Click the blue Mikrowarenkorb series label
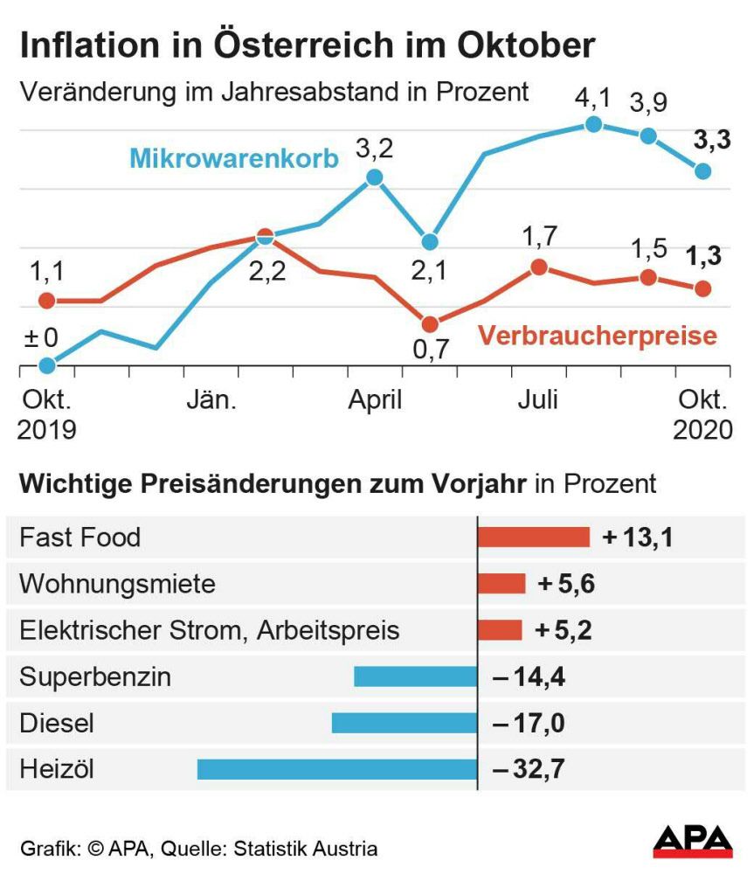[x=233, y=159]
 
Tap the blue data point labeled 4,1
[x=593, y=124]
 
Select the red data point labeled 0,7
[x=429, y=323]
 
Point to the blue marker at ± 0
[x=48, y=365]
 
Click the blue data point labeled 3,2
[x=375, y=177]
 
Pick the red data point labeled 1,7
[x=539, y=267]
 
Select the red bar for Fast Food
[x=533, y=537]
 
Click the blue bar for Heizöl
[x=337, y=769]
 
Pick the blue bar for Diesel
[x=405, y=723]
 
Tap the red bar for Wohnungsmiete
[x=502, y=583]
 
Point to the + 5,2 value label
[x=564, y=630]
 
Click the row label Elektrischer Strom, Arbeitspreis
[x=209, y=630]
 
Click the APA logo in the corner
[x=693, y=842]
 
